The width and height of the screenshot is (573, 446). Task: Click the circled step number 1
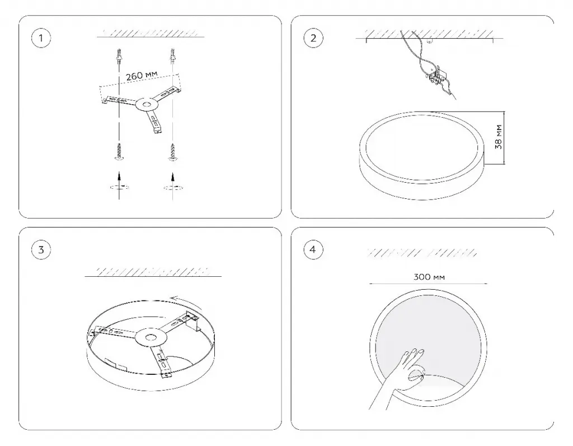[x=41, y=38]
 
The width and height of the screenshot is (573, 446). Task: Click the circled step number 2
[x=313, y=38]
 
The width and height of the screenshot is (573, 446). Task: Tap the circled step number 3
[x=41, y=250]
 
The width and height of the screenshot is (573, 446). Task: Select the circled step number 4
[x=313, y=250]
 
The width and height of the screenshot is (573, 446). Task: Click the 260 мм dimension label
[x=142, y=76]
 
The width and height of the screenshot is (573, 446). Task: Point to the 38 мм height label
[x=499, y=137]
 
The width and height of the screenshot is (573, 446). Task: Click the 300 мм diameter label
[x=429, y=277]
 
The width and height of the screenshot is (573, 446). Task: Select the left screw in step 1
[x=119, y=151]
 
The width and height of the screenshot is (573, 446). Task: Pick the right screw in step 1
[x=172, y=151]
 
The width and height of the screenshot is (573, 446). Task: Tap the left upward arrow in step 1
[x=119, y=182]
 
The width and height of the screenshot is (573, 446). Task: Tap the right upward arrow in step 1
[x=172, y=182]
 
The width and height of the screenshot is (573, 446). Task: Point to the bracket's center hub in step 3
[x=149, y=338]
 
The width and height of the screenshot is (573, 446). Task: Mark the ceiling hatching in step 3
[x=153, y=272]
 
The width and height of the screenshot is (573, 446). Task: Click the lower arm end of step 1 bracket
[x=157, y=128]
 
